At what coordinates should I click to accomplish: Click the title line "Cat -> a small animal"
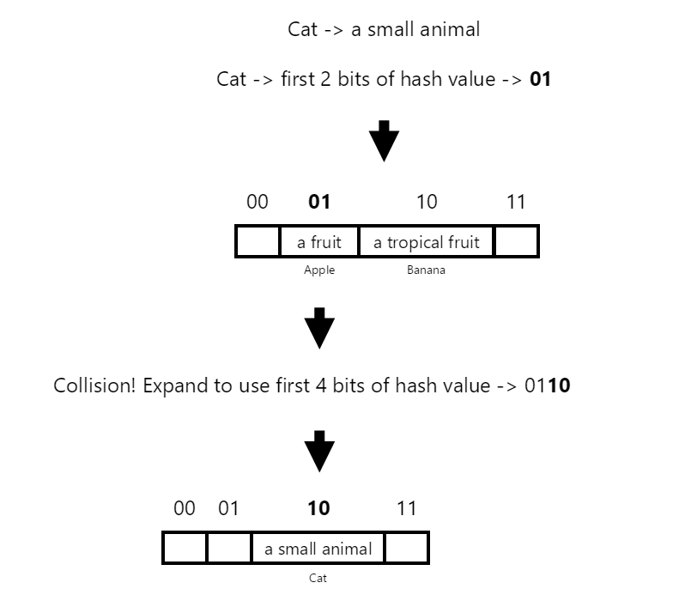coord(384,29)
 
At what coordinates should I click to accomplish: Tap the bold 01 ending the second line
coord(540,80)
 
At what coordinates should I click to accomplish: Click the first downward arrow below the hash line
coord(384,140)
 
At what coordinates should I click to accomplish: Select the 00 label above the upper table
coord(257,202)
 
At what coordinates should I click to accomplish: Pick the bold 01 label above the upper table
coord(318,202)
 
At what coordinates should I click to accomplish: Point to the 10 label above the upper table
coord(427,202)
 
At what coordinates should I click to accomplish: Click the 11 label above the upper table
coord(516,202)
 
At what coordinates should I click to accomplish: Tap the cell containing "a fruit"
coord(318,242)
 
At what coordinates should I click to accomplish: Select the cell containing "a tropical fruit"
coord(426,242)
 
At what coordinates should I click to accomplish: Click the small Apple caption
coord(319,270)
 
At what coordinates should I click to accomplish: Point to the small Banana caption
coord(426,270)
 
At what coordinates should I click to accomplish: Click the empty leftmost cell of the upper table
coord(258,242)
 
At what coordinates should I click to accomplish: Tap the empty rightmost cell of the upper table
coord(517,242)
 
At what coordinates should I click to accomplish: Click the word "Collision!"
coord(94,385)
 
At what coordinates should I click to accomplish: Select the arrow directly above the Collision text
coord(319,328)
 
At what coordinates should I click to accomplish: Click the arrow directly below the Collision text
coord(319,451)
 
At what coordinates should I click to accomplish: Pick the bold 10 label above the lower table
coord(318,508)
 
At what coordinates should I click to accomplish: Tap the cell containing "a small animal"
coord(318,549)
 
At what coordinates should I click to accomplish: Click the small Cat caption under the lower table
coord(318,578)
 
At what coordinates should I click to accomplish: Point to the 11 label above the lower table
coord(406,508)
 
